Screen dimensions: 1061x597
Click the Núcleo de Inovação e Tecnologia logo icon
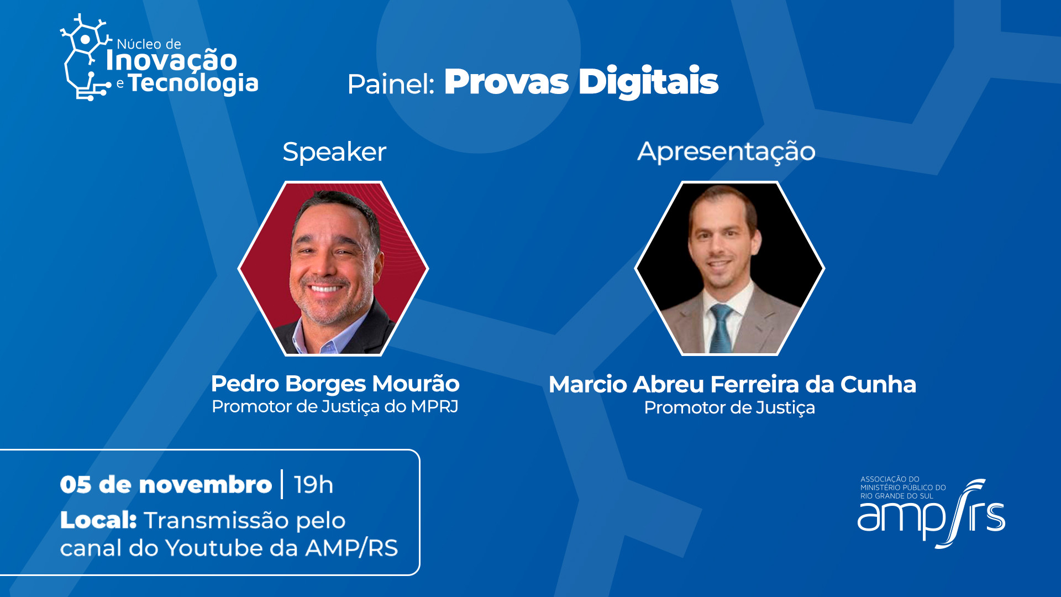point(86,57)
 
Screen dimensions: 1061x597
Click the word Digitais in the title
point(648,82)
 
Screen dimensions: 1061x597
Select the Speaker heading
point(334,151)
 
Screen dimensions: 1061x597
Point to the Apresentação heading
point(726,152)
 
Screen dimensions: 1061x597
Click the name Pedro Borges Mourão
point(335,384)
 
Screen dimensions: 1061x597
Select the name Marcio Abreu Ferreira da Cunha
point(732,384)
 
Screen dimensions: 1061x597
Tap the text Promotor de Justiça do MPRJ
point(335,407)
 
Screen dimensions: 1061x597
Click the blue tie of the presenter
point(721,328)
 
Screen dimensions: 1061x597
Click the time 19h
point(313,485)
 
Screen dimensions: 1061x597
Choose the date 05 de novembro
point(166,485)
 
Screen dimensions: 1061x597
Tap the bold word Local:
point(98,520)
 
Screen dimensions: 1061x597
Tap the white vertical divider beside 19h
point(282,484)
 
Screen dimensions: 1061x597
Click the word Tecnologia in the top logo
point(193,83)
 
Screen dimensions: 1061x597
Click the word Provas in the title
point(506,82)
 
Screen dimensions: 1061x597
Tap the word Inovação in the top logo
point(171,59)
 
